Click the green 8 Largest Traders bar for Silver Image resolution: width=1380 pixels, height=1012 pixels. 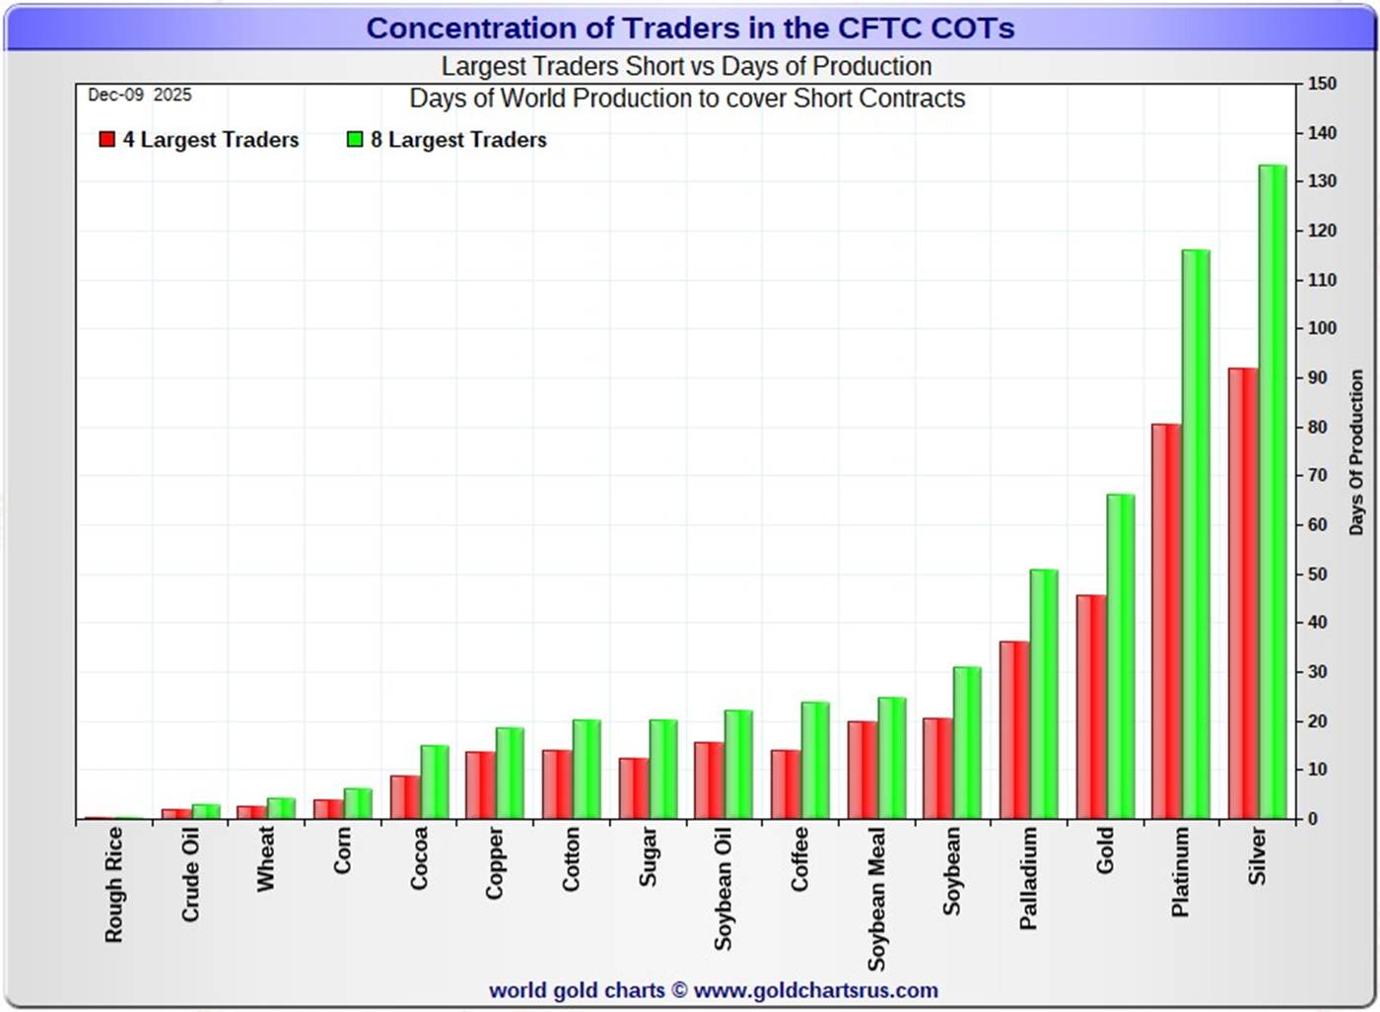pyautogui.click(x=1273, y=493)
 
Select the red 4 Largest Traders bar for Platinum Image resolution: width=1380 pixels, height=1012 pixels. pyautogui.click(x=1166, y=622)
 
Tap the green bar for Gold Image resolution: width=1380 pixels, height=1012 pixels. pyautogui.click(x=1121, y=657)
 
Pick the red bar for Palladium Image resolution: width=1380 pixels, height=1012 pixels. pyautogui.click(x=1014, y=730)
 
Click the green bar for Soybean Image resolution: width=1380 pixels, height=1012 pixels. pyautogui.click(x=967, y=743)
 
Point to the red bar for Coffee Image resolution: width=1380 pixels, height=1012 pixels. pyautogui.click(x=786, y=784)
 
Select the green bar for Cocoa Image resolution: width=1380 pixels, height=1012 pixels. pyautogui.click(x=435, y=782)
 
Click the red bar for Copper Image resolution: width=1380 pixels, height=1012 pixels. pyautogui.click(x=480, y=785)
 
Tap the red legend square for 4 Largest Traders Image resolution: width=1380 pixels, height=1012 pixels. pyautogui.click(x=107, y=140)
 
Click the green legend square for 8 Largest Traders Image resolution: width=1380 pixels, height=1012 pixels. pyautogui.click(x=355, y=140)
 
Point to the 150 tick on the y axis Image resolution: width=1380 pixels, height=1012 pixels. pyautogui.click(x=1322, y=85)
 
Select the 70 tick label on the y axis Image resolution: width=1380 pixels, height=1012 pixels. pyautogui.click(x=1317, y=476)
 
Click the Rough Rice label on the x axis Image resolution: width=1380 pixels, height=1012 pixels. pyautogui.click(x=114, y=884)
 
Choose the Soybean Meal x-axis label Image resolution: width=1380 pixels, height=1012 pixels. pyautogui.click(x=876, y=898)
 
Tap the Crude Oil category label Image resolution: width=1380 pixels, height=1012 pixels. pyautogui.click(x=190, y=874)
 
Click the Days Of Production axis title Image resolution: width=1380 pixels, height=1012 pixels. pyautogui.click(x=1356, y=452)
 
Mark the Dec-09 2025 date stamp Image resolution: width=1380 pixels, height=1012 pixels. pyautogui.click(x=140, y=96)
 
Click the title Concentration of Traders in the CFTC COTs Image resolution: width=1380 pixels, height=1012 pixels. pyautogui.click(x=690, y=28)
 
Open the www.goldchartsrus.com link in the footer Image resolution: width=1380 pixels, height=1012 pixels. pyautogui.click(x=815, y=990)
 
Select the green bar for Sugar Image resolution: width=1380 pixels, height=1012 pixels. pyautogui.click(x=663, y=770)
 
